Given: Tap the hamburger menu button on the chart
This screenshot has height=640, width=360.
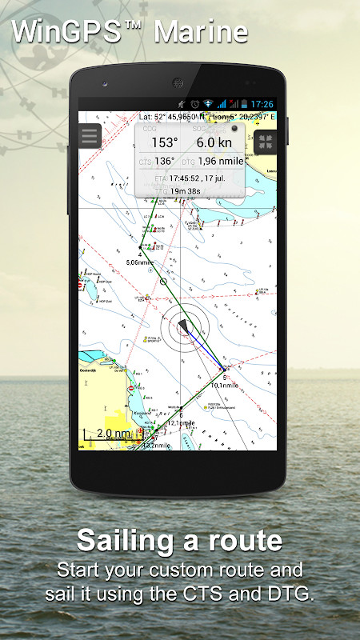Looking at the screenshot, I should [x=90, y=135].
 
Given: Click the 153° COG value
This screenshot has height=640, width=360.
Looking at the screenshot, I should [x=165, y=143].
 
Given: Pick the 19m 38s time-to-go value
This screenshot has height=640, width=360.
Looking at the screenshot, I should [x=186, y=192].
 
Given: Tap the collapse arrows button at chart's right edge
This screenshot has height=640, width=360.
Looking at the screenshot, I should [x=266, y=142].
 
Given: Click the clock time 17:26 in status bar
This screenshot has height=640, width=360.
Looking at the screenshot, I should [x=262, y=104].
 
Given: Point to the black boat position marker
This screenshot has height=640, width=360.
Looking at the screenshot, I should [x=184, y=326].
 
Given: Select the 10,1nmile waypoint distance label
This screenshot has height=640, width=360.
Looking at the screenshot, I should [x=225, y=385].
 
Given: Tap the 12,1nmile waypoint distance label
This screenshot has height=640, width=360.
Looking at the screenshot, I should [x=181, y=422].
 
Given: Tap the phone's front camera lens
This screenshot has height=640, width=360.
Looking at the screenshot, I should [x=177, y=82].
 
